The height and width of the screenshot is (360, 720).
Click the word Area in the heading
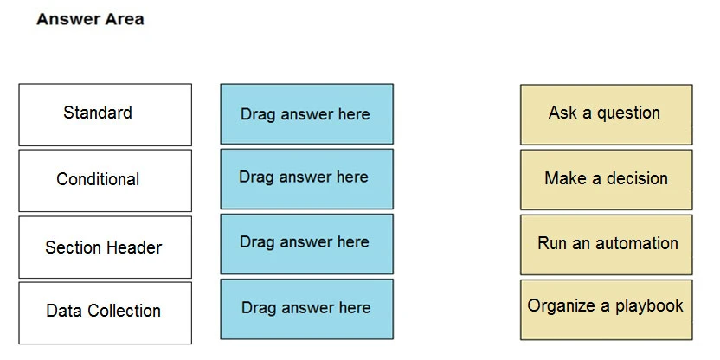(124, 19)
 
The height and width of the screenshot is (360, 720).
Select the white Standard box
(105, 114)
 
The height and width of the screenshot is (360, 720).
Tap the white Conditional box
(105, 180)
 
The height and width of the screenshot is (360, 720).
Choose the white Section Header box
(105, 247)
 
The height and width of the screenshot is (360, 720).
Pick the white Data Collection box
(105, 312)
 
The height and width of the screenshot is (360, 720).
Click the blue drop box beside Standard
(306, 113)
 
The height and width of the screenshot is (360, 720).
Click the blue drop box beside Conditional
(306, 178)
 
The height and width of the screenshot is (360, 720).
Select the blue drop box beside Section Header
(306, 243)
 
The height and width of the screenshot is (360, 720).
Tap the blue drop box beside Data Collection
(306, 309)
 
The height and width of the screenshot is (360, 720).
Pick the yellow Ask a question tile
(606, 113)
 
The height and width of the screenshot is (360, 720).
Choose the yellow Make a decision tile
(606, 179)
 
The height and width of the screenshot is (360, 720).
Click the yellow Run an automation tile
(606, 244)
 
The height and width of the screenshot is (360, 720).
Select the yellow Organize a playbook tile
(606, 308)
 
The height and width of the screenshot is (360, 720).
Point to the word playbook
(649, 306)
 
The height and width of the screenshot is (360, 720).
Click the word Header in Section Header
(136, 247)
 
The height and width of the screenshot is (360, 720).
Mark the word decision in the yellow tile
(636, 178)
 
